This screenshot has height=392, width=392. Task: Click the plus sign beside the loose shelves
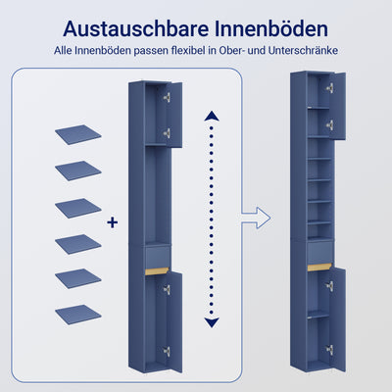pos(113,223)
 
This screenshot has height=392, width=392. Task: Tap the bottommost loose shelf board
pos(79,314)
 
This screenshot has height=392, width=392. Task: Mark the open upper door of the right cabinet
pos(340,104)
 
